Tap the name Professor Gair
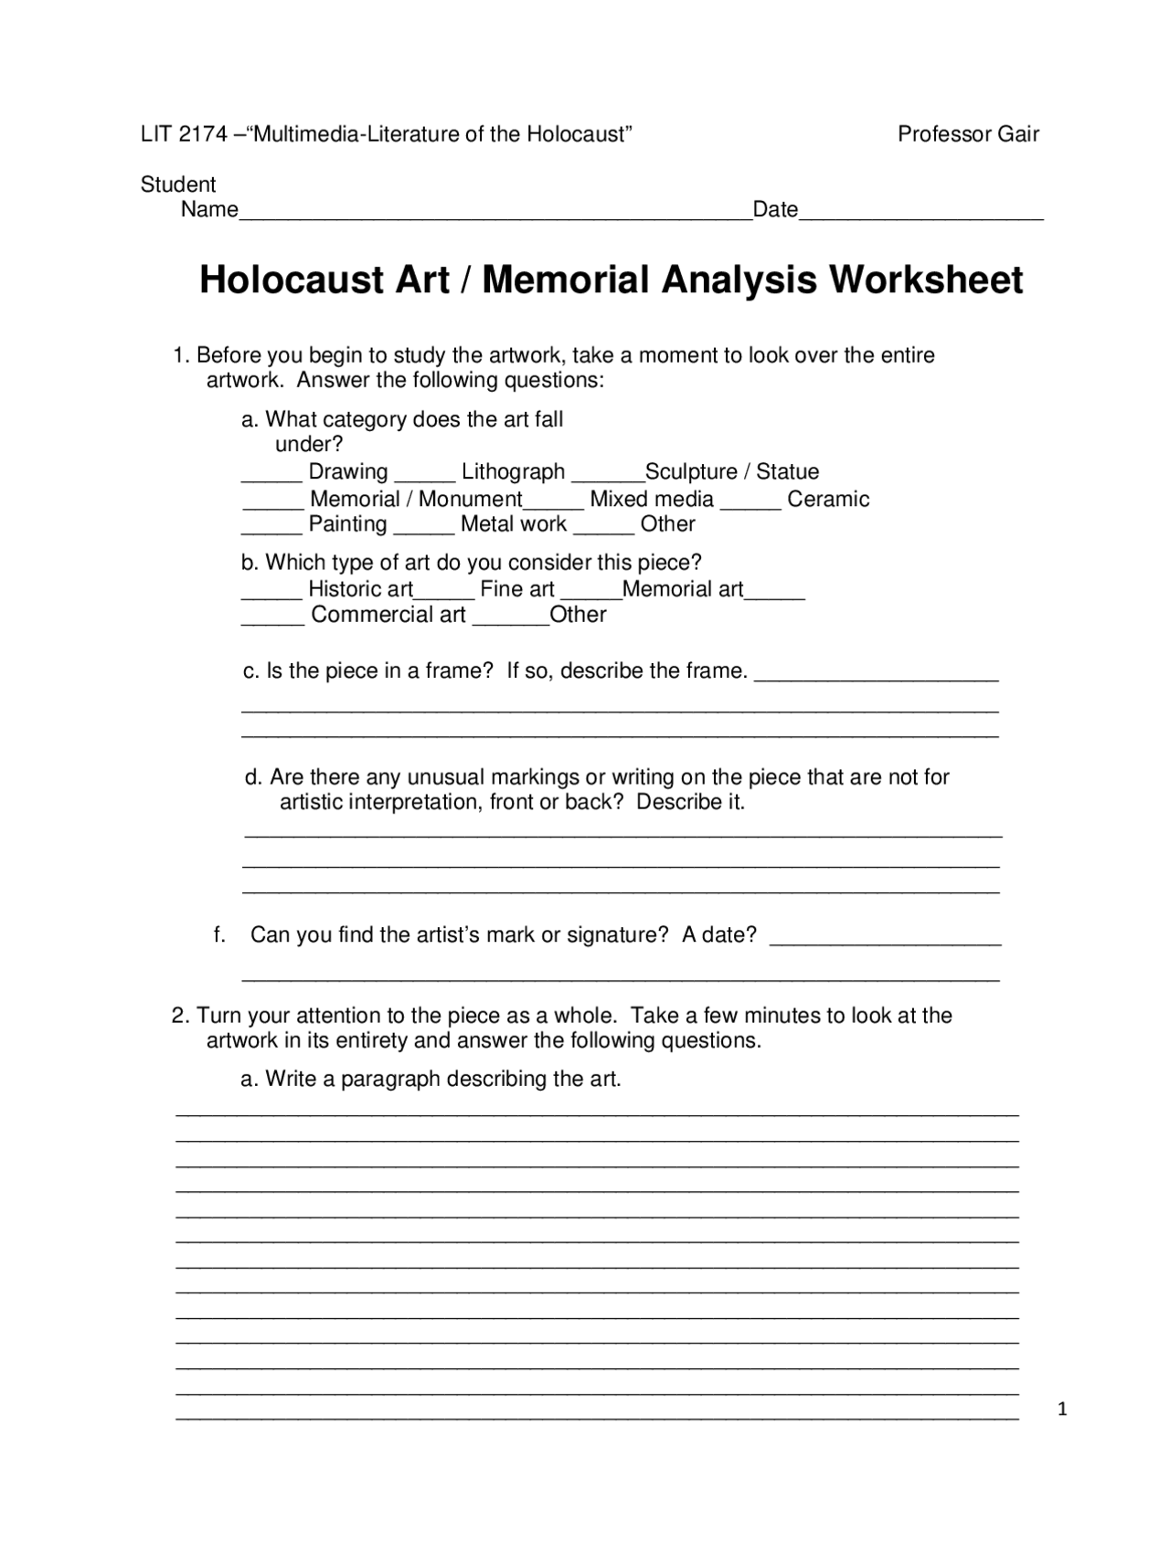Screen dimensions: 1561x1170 coord(968,135)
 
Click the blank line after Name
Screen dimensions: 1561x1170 coord(495,214)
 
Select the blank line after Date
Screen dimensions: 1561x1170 coord(920,214)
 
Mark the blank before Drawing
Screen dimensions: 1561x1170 coord(271,476)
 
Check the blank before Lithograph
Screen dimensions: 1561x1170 coord(425,476)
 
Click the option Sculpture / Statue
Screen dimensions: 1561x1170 coord(732,472)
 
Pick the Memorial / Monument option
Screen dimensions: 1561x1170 coord(416,500)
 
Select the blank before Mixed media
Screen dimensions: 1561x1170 coord(554,503)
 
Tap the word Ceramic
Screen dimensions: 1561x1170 coord(828,500)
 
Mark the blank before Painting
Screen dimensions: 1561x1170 coord(271,529)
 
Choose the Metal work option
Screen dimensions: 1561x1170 coord(514,524)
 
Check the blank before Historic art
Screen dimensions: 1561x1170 coord(271,594)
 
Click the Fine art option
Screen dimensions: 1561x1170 coord(517,589)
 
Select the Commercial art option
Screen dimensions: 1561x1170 coord(388,615)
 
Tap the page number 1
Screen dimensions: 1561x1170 coord(1062,1410)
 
